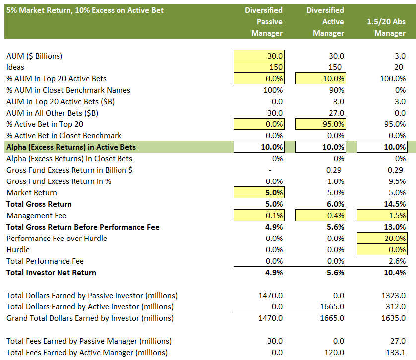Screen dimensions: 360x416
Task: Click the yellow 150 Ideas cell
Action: click(x=259, y=67)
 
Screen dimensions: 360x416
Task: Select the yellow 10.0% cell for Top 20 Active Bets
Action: click(x=320, y=79)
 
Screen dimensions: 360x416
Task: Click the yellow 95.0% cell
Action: click(x=320, y=124)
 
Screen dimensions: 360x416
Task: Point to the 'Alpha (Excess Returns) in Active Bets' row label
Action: click(x=71, y=147)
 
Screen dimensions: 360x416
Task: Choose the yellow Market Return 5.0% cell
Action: click(x=259, y=193)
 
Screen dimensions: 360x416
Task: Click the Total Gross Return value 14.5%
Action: click(x=395, y=204)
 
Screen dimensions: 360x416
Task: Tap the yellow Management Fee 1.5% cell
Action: click(x=382, y=216)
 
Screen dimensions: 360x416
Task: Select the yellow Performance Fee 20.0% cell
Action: click(x=382, y=239)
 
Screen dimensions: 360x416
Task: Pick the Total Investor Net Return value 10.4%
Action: click(x=395, y=273)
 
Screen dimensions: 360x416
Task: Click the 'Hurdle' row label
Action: click(x=18, y=250)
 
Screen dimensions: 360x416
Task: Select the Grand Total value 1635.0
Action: click(x=394, y=318)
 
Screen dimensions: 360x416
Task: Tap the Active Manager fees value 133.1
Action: click(x=396, y=353)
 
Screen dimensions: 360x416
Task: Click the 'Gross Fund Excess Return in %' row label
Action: click(x=59, y=181)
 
